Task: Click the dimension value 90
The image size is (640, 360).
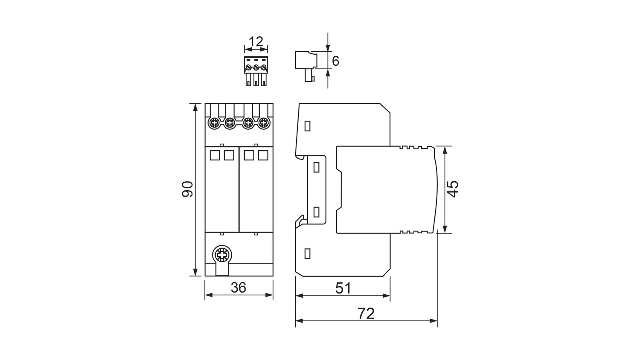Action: point(187,189)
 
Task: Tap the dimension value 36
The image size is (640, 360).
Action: point(238,288)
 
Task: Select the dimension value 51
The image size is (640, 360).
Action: point(343,288)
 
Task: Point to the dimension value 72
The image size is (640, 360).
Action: point(366,314)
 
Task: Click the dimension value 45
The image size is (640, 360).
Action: point(453,189)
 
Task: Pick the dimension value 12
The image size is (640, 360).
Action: point(256,42)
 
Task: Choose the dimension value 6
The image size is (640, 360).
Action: point(335,61)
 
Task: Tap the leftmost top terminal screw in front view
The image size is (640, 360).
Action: point(213,123)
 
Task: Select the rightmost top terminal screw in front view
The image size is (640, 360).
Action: point(264,123)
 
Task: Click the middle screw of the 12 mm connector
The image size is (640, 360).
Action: point(256,68)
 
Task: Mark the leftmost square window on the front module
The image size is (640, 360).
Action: point(215,155)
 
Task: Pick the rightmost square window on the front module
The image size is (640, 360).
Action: point(263,155)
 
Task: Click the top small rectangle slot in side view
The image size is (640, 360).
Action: point(308,126)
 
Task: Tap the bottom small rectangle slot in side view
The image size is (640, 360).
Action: point(308,254)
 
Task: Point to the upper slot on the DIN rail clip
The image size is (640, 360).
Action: point(316,168)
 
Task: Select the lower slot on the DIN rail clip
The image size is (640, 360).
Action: point(316,212)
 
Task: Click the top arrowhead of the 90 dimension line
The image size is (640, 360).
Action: point(195,107)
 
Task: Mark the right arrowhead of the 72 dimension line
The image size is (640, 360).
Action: point(433,321)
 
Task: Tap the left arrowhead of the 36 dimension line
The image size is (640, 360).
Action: point(209,295)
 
